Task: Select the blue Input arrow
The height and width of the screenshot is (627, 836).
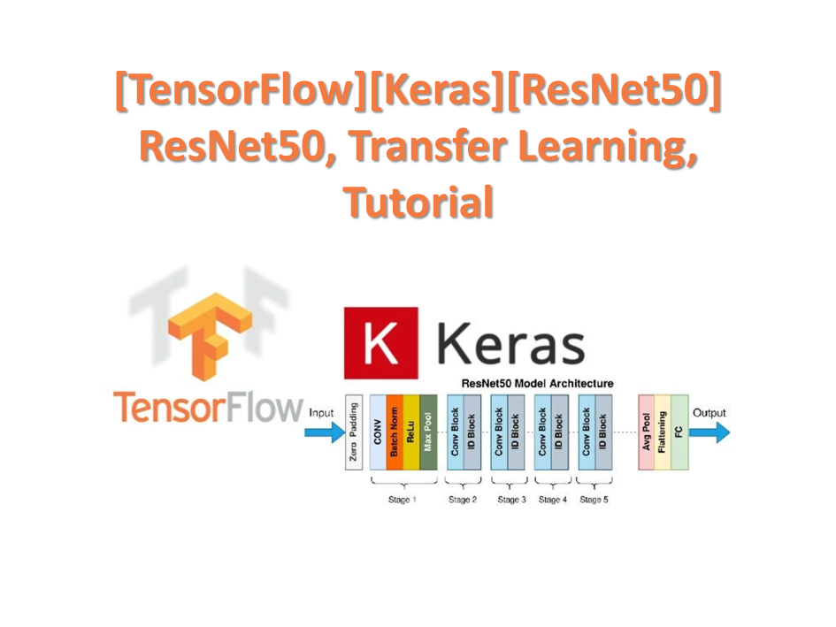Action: pos(326,432)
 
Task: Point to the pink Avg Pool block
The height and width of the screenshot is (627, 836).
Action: pos(646,432)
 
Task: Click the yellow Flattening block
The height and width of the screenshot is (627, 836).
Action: pos(663,432)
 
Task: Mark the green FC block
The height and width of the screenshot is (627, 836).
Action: pos(679,432)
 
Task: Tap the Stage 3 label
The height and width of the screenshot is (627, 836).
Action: pos(511,501)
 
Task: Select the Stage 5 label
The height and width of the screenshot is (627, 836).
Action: pos(594,501)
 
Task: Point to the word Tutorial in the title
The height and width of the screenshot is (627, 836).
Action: pos(418,203)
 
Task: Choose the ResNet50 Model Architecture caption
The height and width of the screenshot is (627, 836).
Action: pos(538,385)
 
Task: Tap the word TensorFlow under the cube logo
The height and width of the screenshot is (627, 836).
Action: pos(208,408)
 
